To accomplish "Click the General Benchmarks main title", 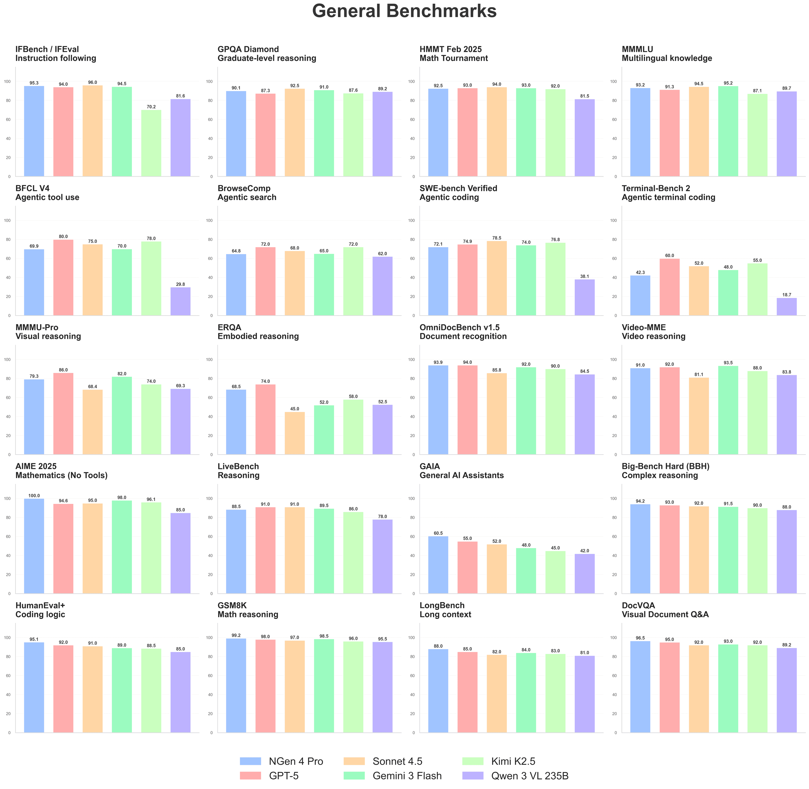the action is pyautogui.click(x=404, y=11).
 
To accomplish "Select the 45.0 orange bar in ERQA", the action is pyautogui.click(x=295, y=433).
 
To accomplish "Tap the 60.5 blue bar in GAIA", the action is pyautogui.click(x=438, y=565).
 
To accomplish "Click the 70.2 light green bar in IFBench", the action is pyautogui.click(x=151, y=143).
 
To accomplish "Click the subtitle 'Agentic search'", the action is pyautogui.click(x=247, y=197).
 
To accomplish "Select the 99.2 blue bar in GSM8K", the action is pyautogui.click(x=236, y=685).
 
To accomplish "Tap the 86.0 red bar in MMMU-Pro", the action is pyautogui.click(x=63, y=413).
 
